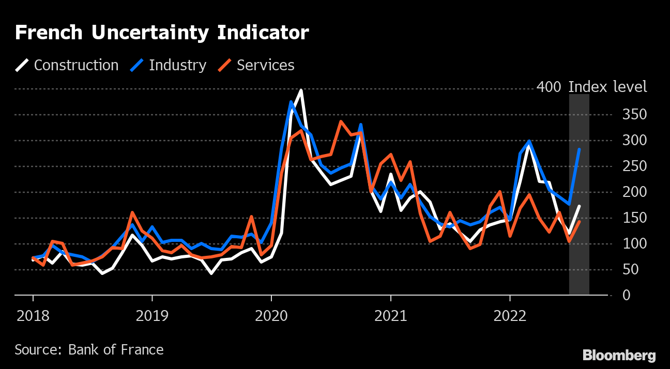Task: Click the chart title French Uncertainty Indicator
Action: coord(161,33)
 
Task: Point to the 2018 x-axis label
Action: coord(33,315)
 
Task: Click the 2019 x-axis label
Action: coord(152,315)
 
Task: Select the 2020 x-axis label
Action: coord(271,315)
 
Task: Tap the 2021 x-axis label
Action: coord(390,315)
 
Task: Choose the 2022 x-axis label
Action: coord(510,315)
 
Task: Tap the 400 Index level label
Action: coord(591,87)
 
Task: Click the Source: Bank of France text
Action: coord(89,350)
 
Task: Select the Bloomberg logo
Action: coord(619,356)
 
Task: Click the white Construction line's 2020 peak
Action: coord(301,90)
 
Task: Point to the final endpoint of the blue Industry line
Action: coord(580,149)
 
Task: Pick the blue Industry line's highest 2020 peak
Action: coord(291,102)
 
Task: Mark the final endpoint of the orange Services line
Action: coord(580,221)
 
